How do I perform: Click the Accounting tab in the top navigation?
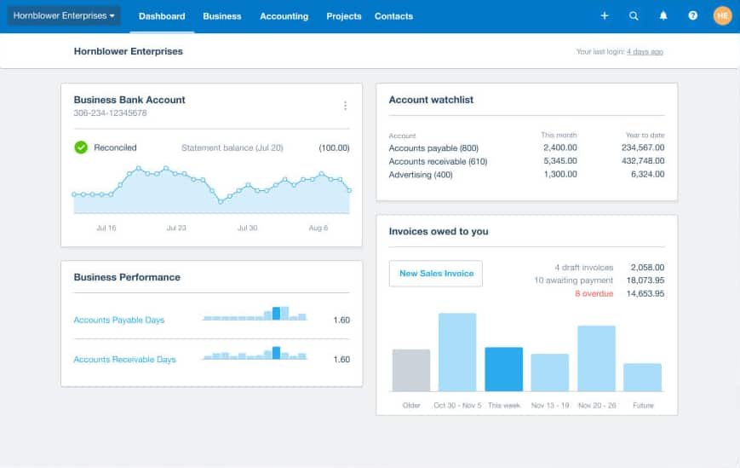coord(284,16)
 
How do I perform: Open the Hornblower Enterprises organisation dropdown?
coord(64,15)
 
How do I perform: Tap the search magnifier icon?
coord(634,16)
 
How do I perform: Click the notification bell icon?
coord(663,16)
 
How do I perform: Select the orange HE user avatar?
coord(722,15)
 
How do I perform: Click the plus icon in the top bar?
coord(605,16)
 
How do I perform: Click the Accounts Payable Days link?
coord(119,321)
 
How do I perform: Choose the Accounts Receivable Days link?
coord(124,360)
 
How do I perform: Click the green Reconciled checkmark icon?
coord(81,147)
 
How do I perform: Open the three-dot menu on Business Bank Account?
coord(345,106)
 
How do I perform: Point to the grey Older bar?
coord(411,370)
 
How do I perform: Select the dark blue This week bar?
coord(504,369)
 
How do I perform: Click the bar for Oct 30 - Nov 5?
coord(457,352)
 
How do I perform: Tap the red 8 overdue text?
coord(594,294)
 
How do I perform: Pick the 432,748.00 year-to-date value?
coord(643,161)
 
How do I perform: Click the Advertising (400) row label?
coord(421,175)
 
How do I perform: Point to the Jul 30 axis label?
coord(247,228)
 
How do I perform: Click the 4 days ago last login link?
coord(645,52)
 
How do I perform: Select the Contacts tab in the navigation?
coord(393,16)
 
